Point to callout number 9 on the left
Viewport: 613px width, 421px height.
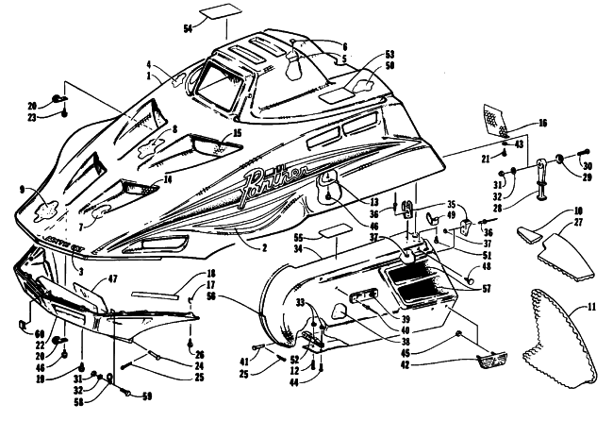pyautogui.click(x=22, y=189)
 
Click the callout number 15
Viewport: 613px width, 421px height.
pyautogui.click(x=237, y=134)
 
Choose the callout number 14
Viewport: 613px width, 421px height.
pyautogui.click(x=169, y=179)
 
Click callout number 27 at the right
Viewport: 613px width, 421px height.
pyautogui.click(x=584, y=223)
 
